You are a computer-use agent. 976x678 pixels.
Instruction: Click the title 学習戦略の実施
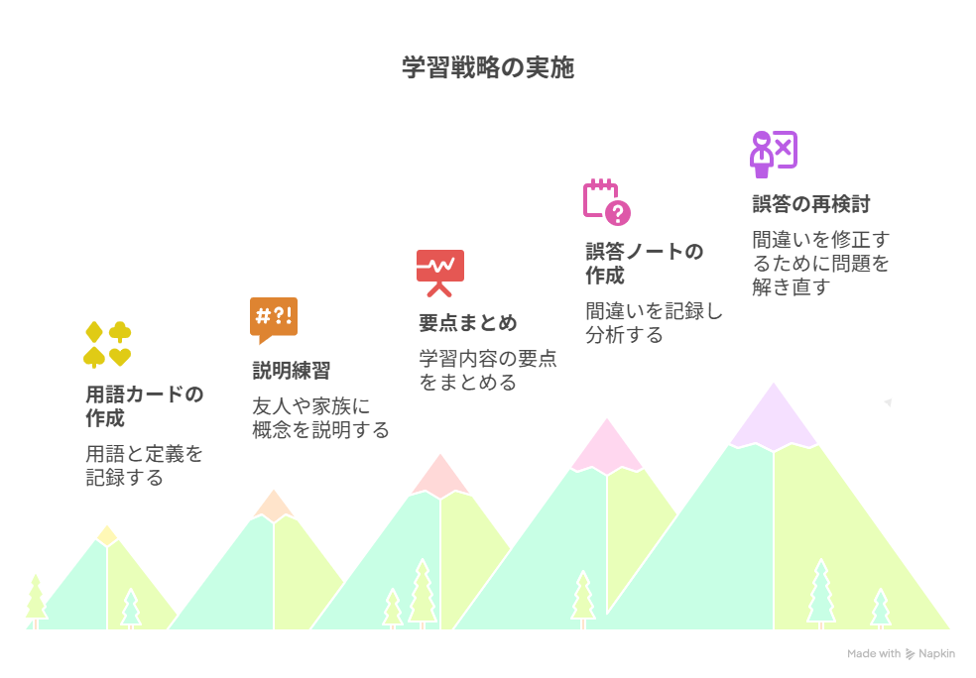[487, 67]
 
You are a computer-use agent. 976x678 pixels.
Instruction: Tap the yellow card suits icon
[107, 345]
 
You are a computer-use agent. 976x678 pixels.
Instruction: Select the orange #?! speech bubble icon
[273, 320]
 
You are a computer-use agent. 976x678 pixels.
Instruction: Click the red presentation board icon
[440, 273]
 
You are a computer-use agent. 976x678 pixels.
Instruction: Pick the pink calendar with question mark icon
[607, 202]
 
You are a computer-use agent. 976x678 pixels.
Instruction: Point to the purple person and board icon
[774, 155]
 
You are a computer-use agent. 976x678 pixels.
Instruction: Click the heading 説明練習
[292, 371]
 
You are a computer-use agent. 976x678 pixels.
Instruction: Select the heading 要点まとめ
[468, 323]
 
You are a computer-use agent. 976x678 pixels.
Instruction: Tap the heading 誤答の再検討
[811, 204]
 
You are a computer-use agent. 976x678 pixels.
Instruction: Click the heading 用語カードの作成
[145, 406]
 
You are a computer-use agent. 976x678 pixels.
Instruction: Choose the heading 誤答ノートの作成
[645, 263]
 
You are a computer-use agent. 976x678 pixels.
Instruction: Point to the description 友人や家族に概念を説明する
[320, 418]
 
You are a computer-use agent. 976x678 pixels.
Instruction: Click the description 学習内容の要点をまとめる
[488, 370]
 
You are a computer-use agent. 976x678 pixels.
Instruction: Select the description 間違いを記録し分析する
[654, 323]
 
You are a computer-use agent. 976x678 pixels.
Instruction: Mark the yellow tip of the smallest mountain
[107, 536]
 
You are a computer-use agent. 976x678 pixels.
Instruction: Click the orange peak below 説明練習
[273, 507]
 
